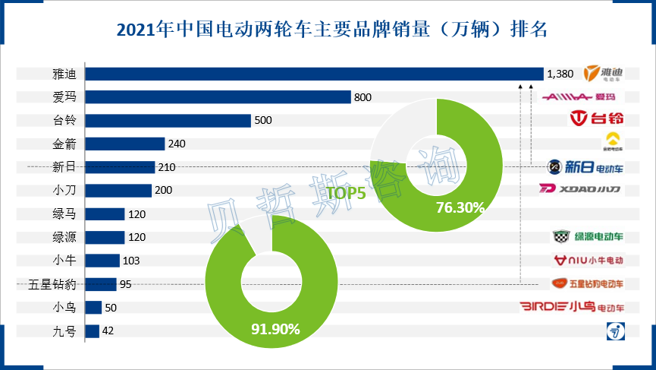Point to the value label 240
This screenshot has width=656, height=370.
177,144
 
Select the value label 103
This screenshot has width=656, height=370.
130,261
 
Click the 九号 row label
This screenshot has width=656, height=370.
64,331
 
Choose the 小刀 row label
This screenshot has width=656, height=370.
64,191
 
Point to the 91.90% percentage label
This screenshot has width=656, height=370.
275,329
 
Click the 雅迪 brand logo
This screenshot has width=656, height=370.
603,74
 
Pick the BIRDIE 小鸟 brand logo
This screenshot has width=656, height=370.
572,308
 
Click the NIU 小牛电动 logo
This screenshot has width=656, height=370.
589,261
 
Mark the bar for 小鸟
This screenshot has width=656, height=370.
93,308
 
